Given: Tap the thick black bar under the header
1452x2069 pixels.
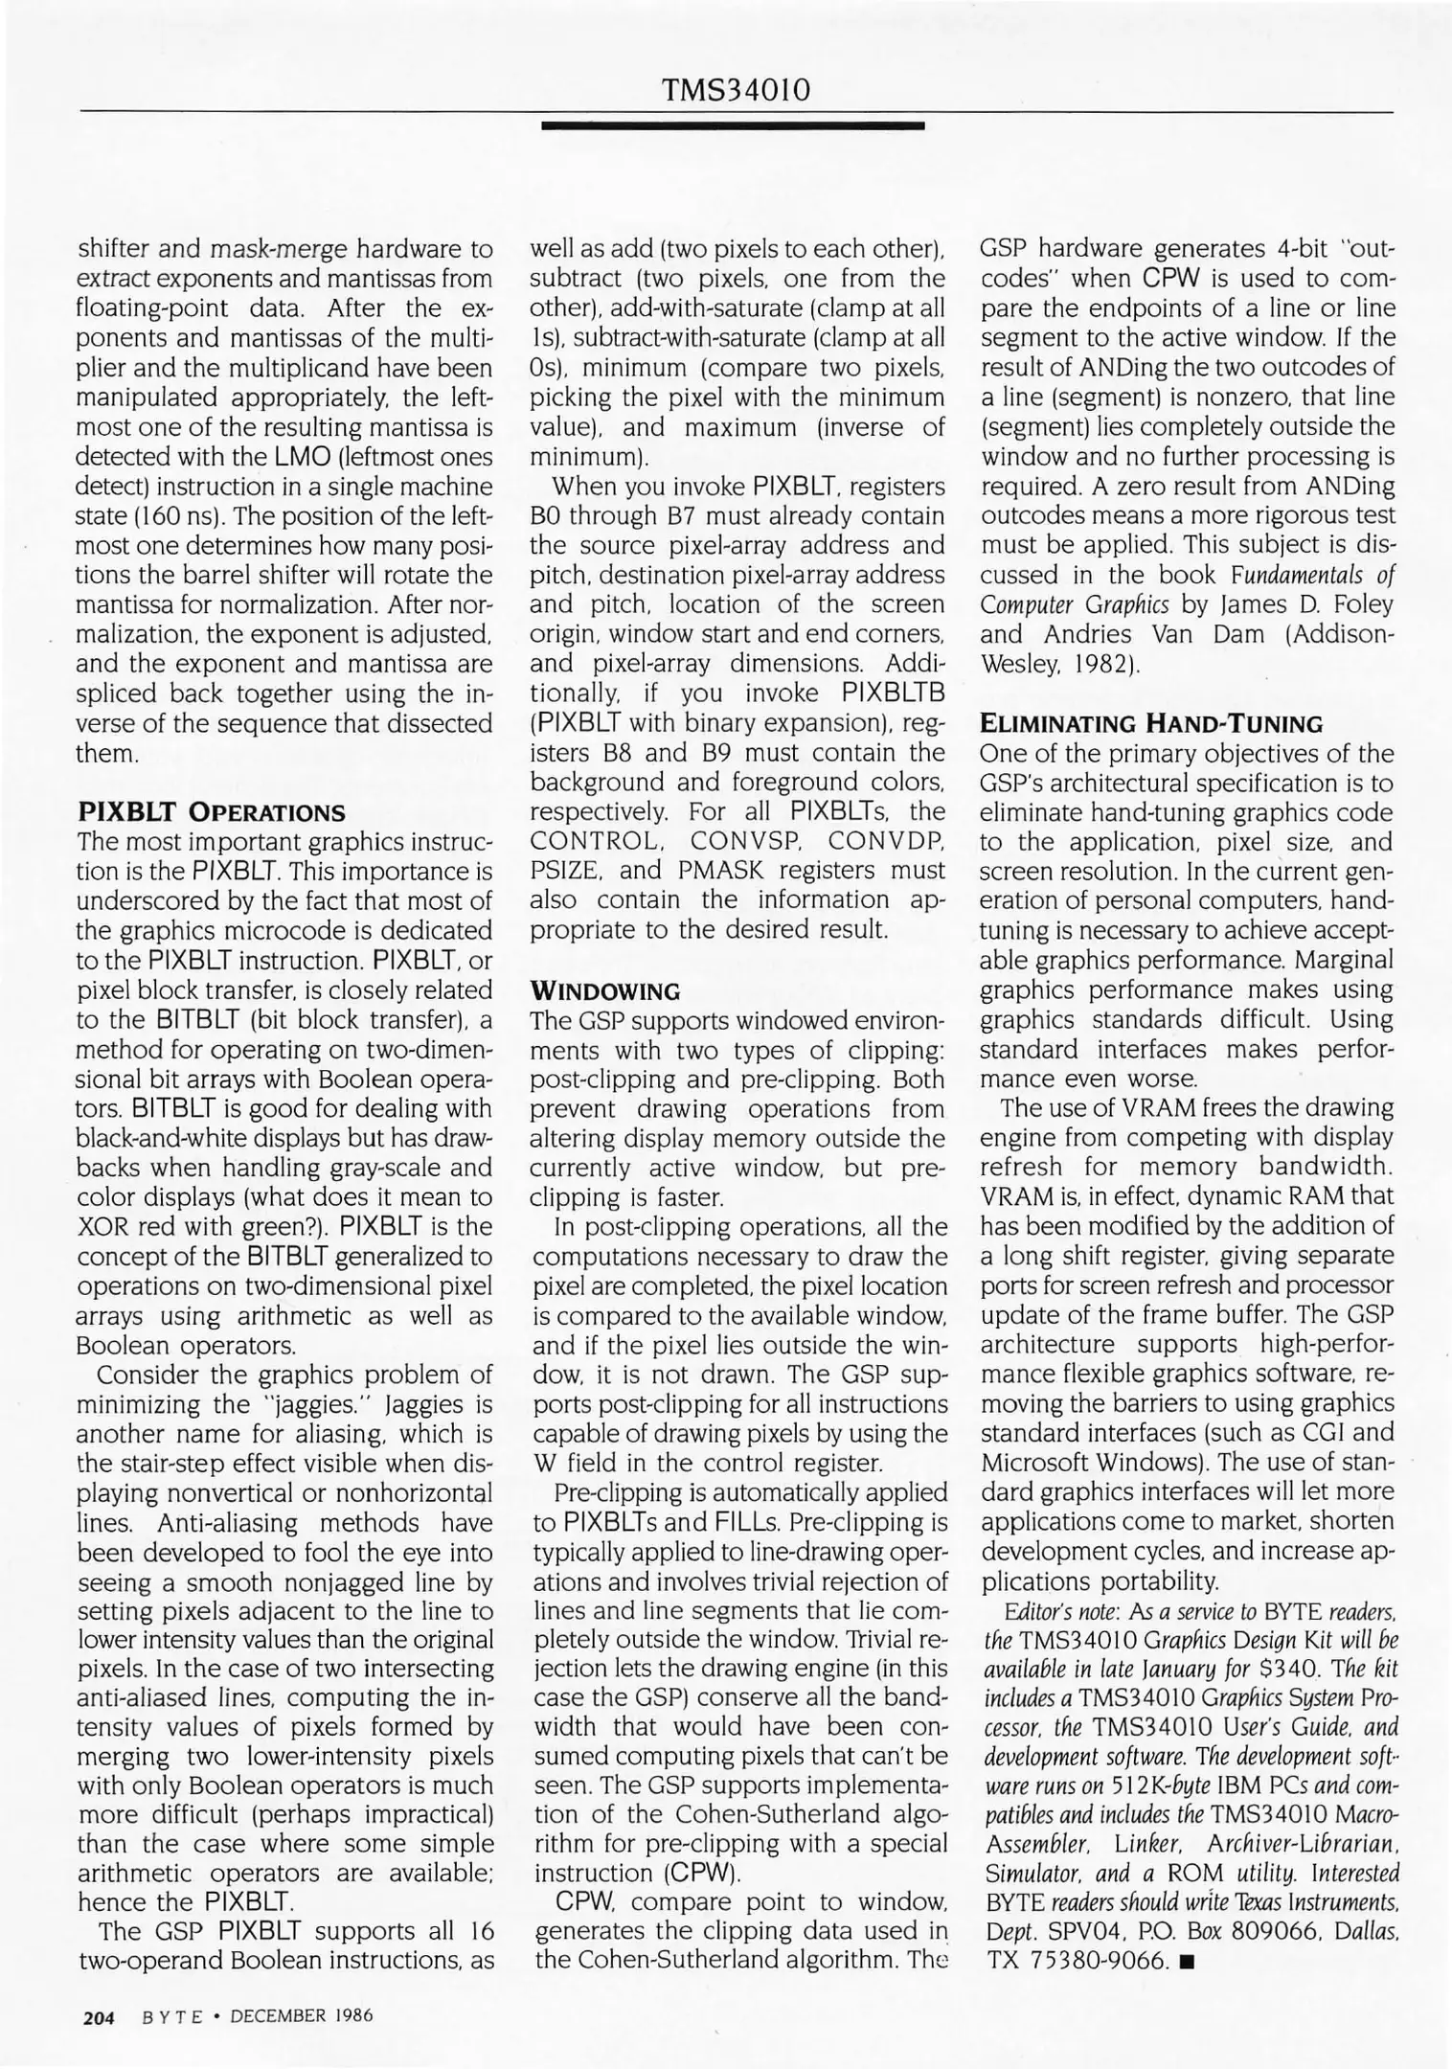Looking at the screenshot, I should click(x=732, y=125).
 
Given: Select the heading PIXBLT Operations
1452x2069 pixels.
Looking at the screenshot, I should click(x=211, y=812).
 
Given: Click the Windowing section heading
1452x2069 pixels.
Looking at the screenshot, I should click(x=605, y=989).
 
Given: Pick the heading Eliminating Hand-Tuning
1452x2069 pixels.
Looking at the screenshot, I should click(x=1151, y=723).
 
